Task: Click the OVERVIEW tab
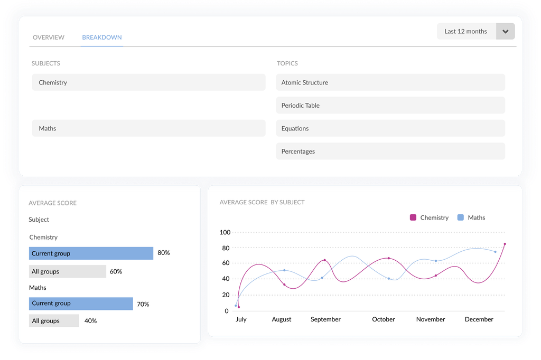[49, 37]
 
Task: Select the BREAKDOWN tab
[102, 37]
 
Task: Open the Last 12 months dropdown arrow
[505, 32]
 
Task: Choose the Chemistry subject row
[148, 82]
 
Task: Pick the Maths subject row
[148, 128]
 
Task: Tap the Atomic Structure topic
[390, 82]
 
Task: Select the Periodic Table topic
[390, 106]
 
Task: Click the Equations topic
[390, 128]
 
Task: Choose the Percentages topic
[390, 151]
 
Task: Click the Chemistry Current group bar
[91, 253]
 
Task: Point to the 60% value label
[116, 272]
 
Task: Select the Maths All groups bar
[54, 321]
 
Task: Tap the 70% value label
[143, 304]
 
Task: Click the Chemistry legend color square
[413, 217]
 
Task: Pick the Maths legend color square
[461, 217]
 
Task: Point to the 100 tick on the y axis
[225, 232]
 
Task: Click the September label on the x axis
[325, 319]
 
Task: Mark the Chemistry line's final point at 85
[505, 244]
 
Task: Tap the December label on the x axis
[479, 319]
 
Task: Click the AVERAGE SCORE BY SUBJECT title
[262, 202]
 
